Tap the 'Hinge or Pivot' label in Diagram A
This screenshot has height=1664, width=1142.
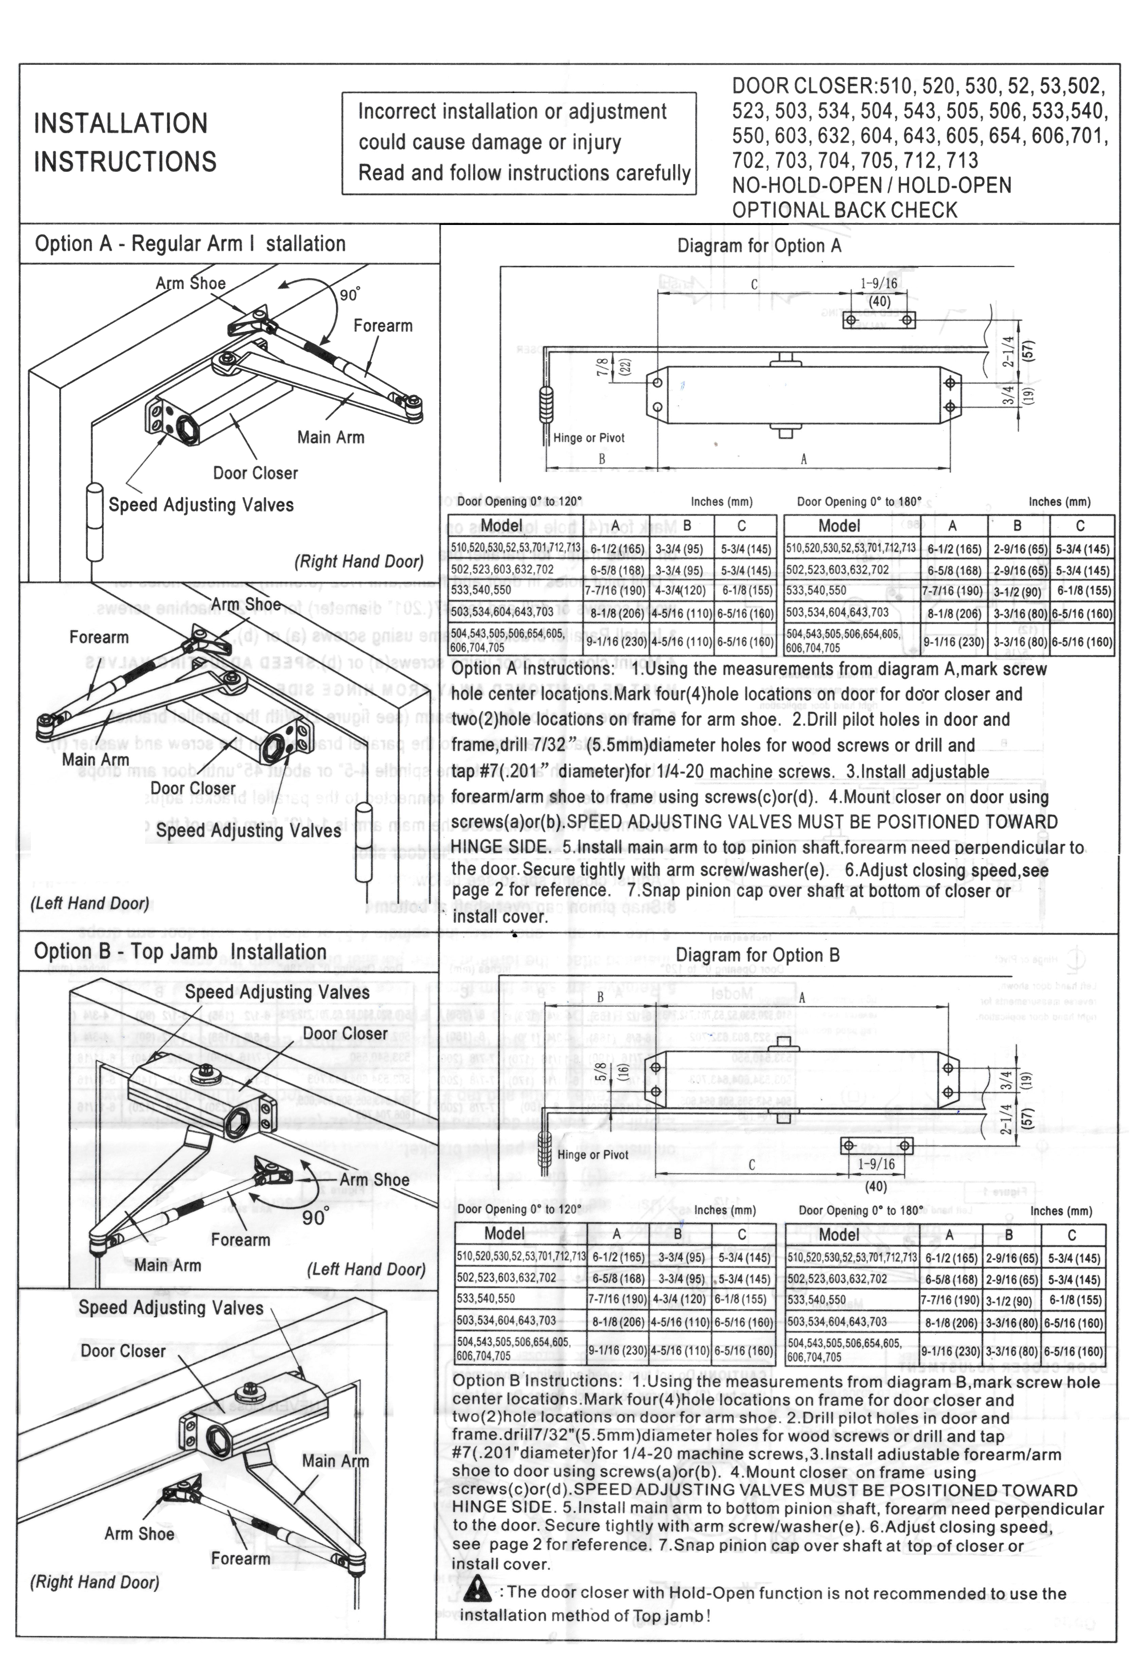click(x=588, y=438)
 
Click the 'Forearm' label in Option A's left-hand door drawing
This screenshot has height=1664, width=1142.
click(x=99, y=637)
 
